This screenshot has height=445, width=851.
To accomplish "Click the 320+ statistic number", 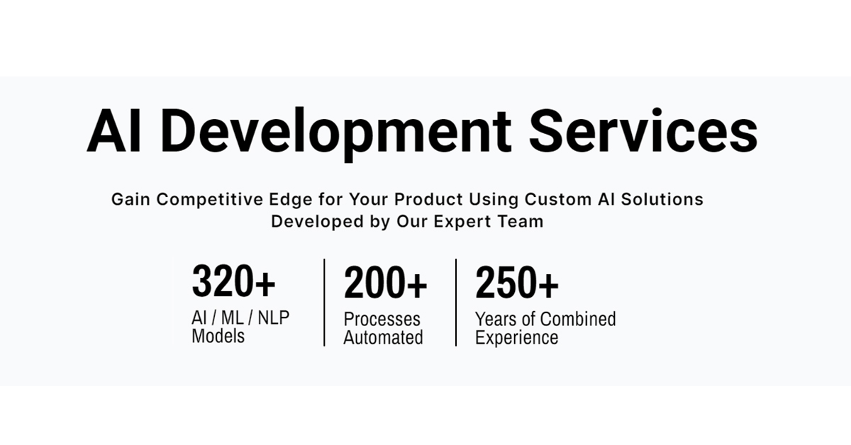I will (233, 282).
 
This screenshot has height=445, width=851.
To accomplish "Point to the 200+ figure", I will (385, 284).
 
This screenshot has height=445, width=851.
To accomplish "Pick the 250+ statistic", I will (516, 283).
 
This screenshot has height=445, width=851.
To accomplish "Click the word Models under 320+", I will (218, 336).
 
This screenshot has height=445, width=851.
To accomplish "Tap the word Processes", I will (382, 320).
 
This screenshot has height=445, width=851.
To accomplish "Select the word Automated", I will (383, 337).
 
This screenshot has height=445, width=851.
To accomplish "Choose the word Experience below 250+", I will (516, 337).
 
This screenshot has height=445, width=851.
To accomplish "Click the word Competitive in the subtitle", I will (230, 199).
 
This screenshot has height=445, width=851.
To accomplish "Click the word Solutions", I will (662, 199).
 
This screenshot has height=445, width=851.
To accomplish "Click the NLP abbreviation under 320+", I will (273, 318).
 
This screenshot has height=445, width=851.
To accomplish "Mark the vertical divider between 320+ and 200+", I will (324, 303).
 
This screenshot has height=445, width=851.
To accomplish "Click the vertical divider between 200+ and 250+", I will (456, 303).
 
